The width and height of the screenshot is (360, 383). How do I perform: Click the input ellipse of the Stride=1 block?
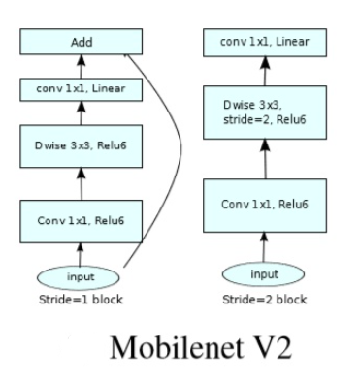point(82,275)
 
